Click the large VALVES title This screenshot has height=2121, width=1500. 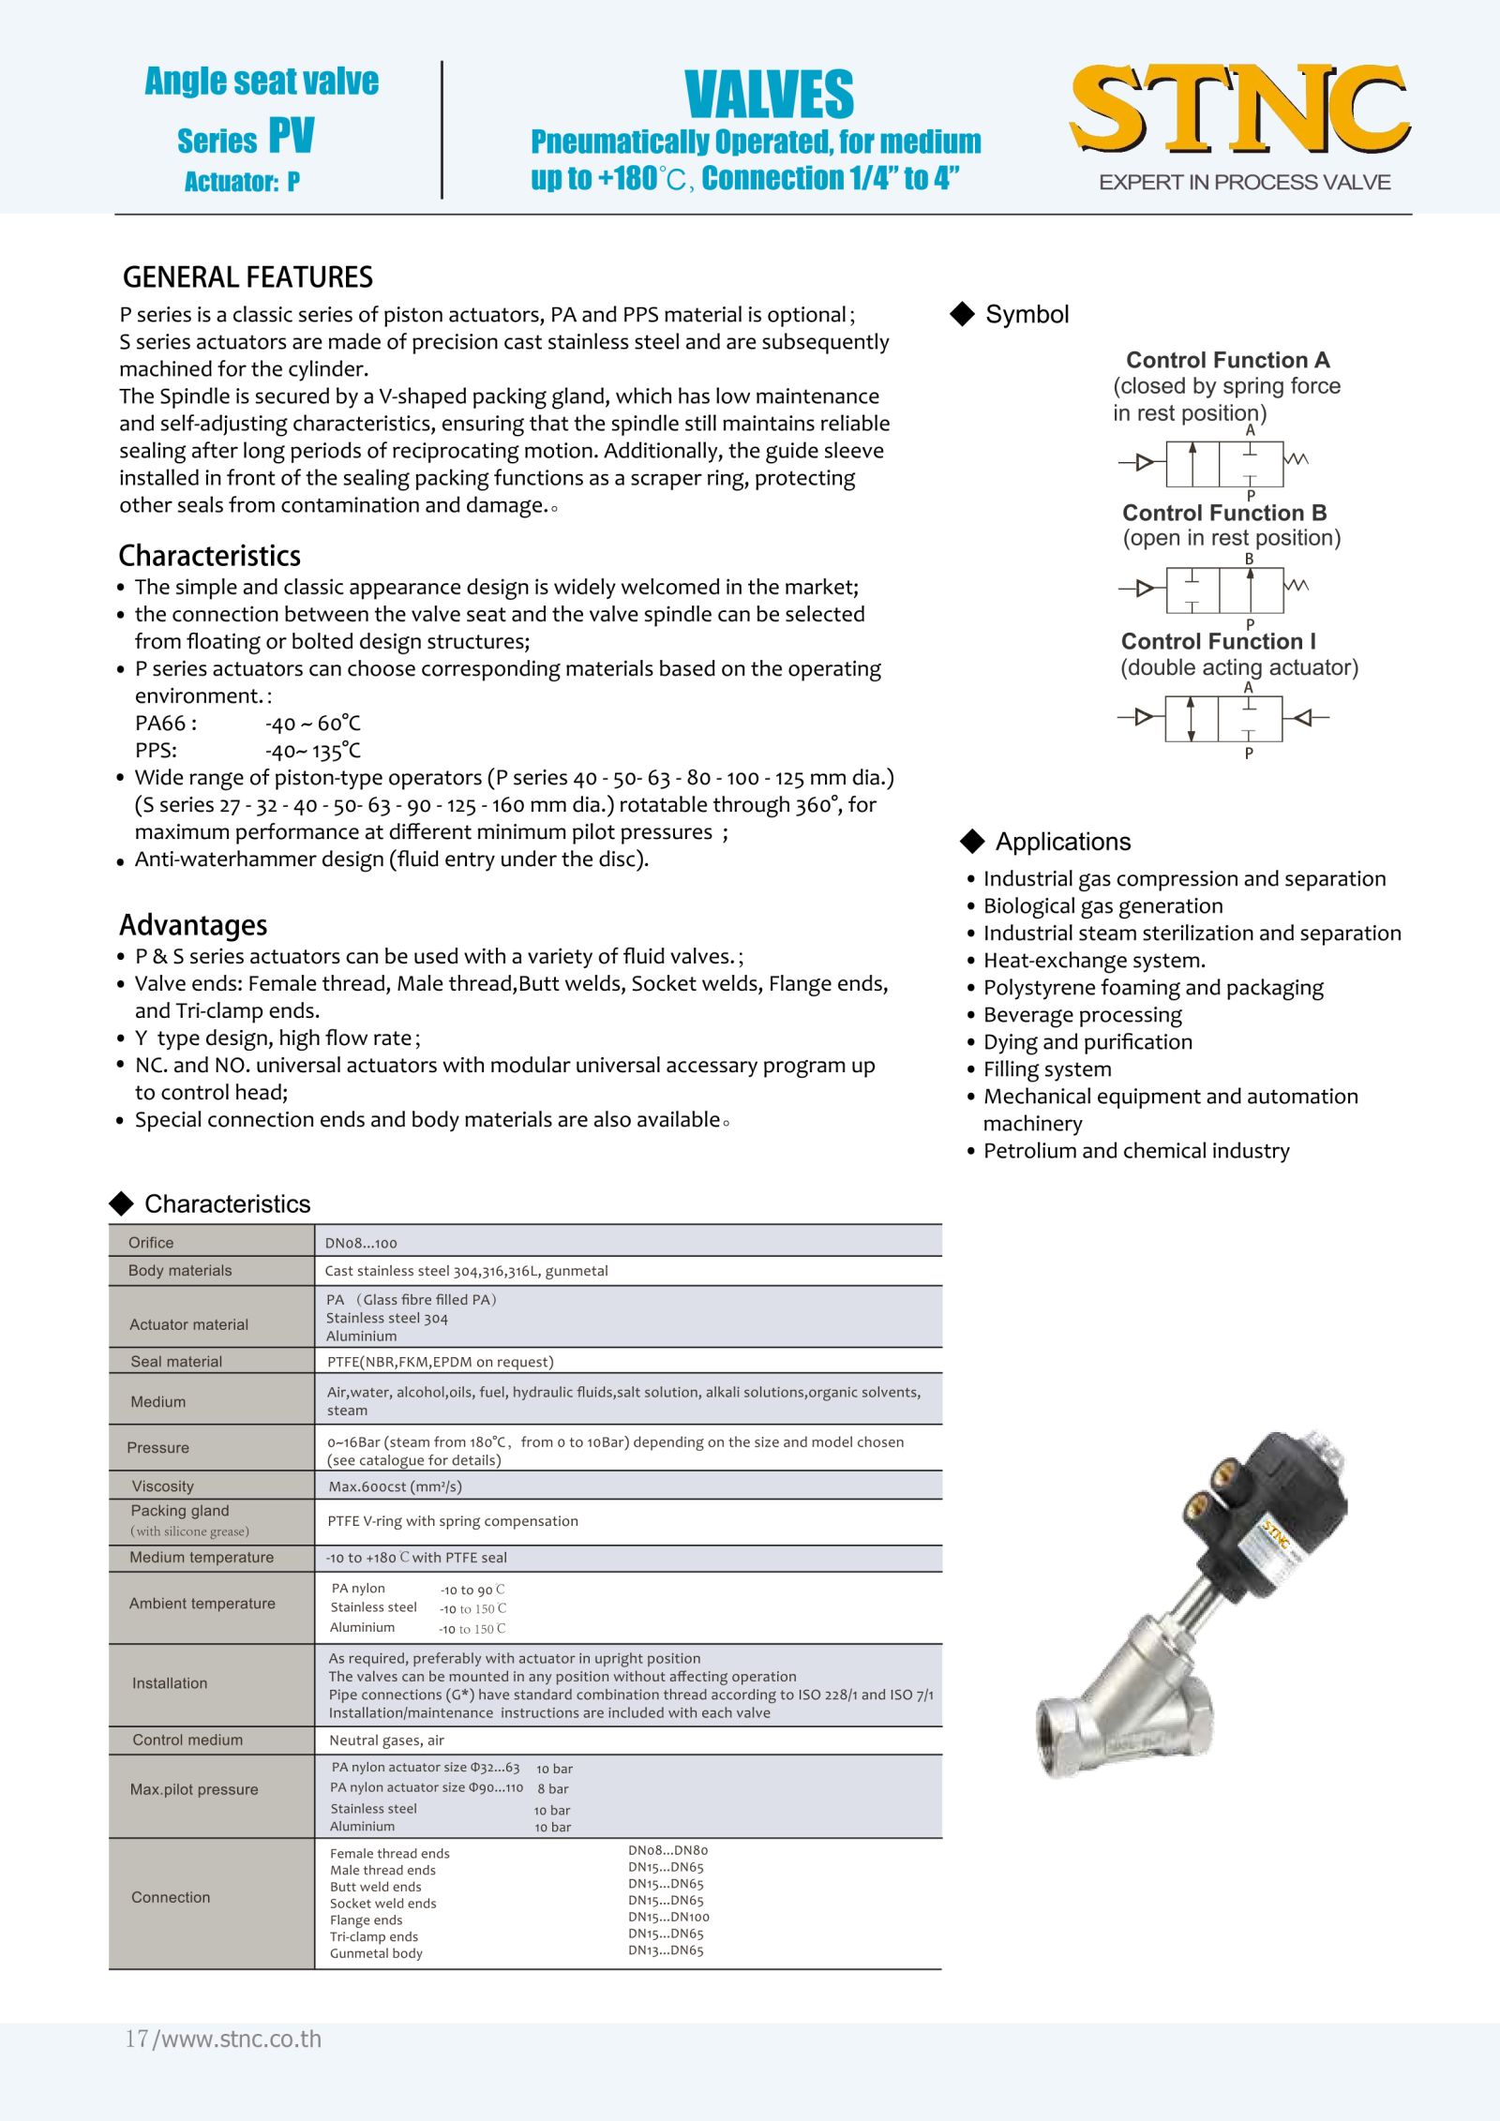coord(769,95)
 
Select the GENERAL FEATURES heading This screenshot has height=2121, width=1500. coord(247,277)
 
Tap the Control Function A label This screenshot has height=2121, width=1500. coord(1227,360)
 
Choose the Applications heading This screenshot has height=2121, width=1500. coord(1062,842)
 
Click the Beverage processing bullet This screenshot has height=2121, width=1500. coord(1082,1015)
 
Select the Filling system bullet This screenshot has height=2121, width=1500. coord(1047,1069)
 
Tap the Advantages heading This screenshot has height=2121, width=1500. coord(193,925)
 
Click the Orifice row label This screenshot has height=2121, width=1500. coord(151,1243)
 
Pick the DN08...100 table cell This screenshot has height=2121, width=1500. coord(361,1244)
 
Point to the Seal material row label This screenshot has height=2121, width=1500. coord(176,1362)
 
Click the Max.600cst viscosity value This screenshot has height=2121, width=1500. coord(395,1486)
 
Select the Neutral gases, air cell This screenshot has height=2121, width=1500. coord(386,1740)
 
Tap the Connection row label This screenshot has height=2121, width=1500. coord(171,1897)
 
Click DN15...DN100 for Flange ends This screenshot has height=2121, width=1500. coord(668,1917)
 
